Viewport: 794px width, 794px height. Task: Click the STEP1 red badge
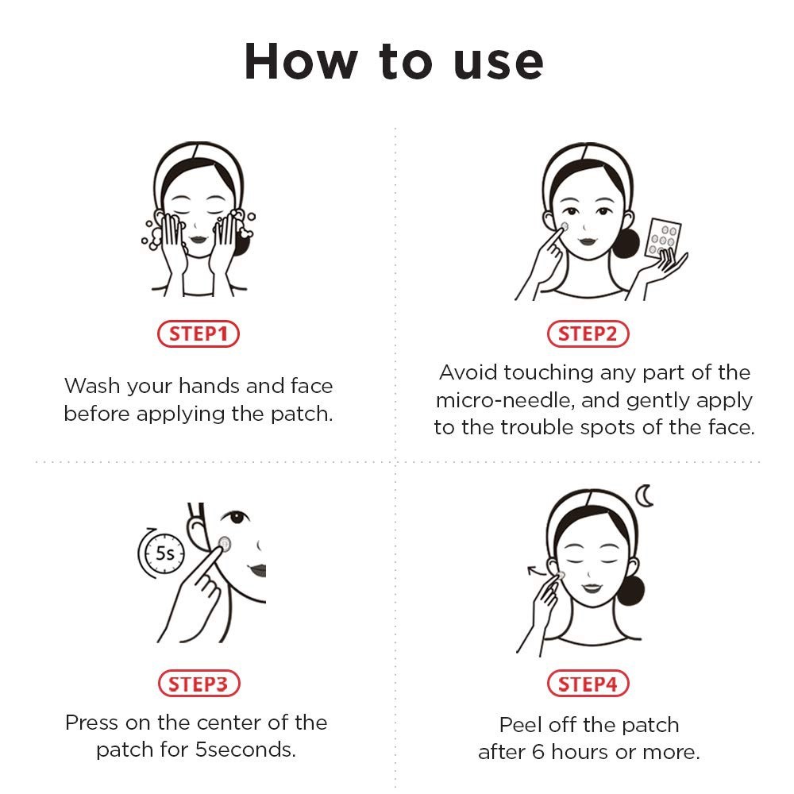pos(198,334)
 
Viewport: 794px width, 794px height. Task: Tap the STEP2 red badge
pos(588,334)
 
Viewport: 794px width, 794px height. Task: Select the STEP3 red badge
pos(198,683)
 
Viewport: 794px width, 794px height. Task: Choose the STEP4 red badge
pos(588,683)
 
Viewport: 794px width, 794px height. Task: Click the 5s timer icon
pos(160,553)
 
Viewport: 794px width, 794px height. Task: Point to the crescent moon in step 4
pos(647,497)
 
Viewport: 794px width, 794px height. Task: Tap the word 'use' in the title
pos(498,60)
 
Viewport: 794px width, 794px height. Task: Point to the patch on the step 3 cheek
pos(225,544)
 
